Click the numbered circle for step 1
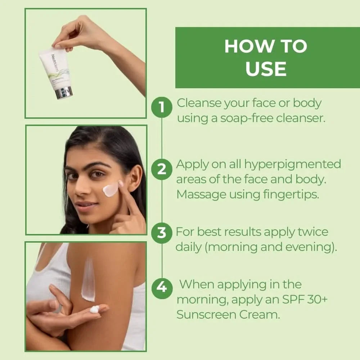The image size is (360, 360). (x=162, y=107)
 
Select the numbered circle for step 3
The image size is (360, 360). (x=162, y=233)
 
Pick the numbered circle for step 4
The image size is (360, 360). (x=162, y=288)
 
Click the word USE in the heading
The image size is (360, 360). (x=266, y=69)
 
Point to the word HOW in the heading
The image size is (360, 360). (x=245, y=46)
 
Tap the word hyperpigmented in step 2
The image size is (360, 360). (x=293, y=164)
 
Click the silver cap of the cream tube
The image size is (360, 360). (x=64, y=93)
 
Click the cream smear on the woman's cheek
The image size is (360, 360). (x=111, y=189)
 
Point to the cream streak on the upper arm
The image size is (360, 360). (x=88, y=279)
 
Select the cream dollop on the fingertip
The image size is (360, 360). (x=94, y=309)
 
